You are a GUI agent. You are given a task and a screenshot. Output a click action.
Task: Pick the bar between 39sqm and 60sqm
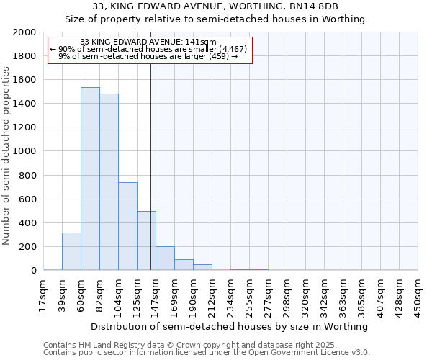pyautogui.click(x=71, y=251)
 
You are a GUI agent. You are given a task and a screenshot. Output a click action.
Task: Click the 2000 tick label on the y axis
pyautogui.click(x=25, y=32)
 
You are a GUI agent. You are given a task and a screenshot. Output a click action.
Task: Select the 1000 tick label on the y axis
pyautogui.click(x=25, y=152)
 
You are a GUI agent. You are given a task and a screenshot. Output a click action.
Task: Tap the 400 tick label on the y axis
pyautogui.click(x=28, y=223)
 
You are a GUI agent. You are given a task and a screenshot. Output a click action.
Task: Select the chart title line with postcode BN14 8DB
pyautogui.click(x=216, y=7)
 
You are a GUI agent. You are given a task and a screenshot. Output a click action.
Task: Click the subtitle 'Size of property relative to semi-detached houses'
pyautogui.click(x=216, y=19)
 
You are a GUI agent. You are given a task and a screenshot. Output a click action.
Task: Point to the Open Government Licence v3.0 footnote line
pyautogui.click(x=207, y=353)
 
